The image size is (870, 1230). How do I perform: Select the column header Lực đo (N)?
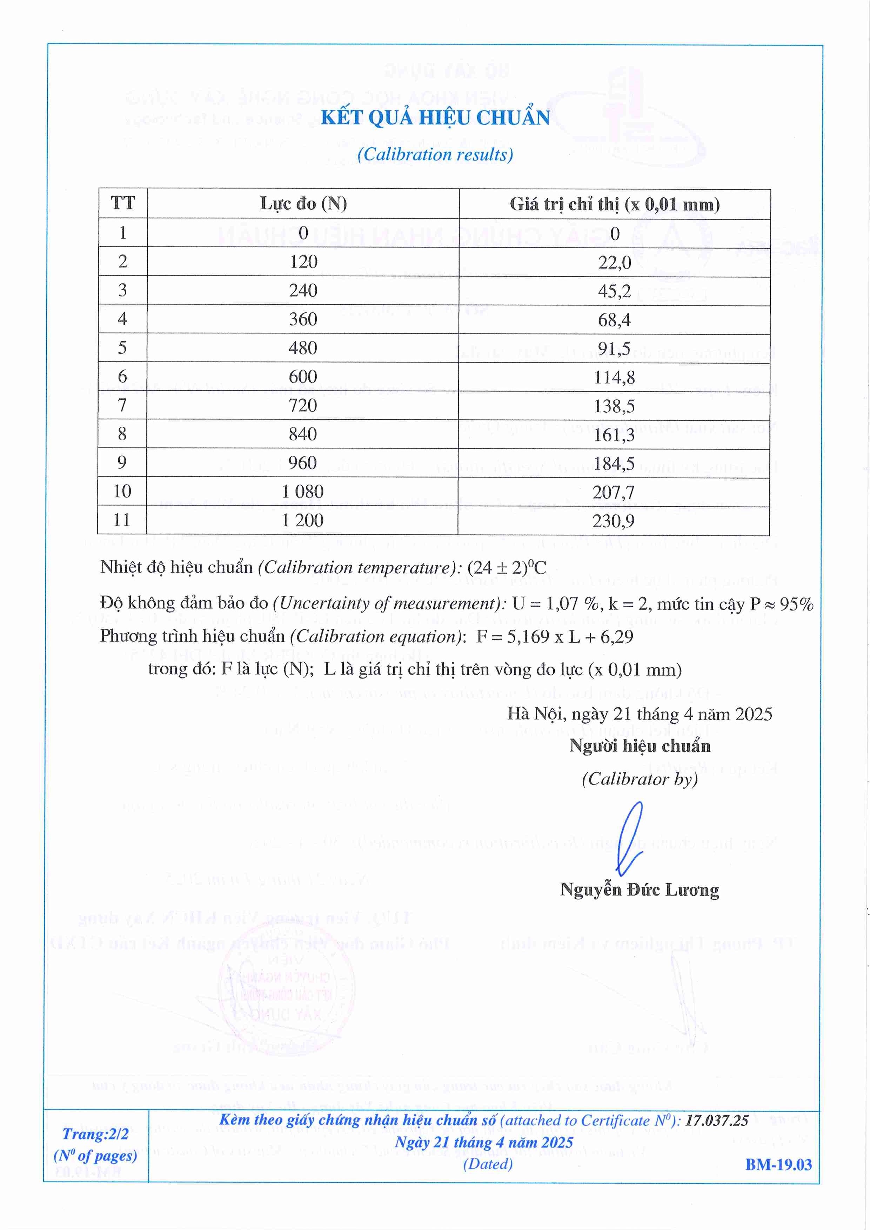click(x=303, y=204)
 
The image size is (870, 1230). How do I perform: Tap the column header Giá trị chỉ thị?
click(x=614, y=204)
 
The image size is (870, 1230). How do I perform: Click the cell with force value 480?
click(x=303, y=348)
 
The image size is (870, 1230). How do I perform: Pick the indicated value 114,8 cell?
click(x=614, y=377)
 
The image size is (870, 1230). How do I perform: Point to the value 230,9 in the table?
click(x=614, y=521)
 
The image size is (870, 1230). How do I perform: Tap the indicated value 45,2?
click(x=614, y=291)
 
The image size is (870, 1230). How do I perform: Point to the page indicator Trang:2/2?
click(x=95, y=1134)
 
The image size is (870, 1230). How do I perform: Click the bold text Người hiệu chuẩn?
click(x=640, y=746)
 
